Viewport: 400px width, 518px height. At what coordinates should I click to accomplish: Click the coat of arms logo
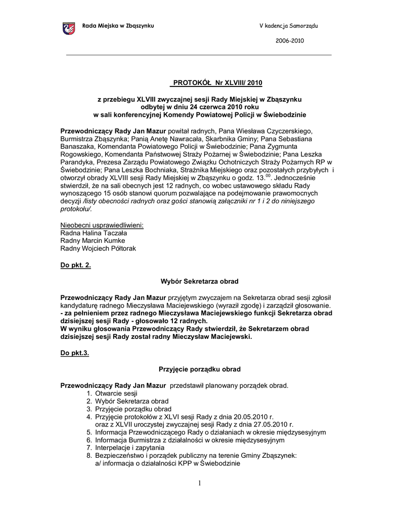tap(68, 28)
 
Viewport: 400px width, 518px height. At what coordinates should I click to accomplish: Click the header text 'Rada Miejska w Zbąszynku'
tap(118, 26)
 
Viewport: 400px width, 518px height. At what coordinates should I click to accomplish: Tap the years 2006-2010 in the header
tap(290, 41)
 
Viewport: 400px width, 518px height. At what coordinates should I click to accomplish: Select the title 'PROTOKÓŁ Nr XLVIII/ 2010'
tap(216, 82)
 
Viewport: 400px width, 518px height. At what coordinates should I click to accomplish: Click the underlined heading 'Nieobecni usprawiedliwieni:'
tap(102, 225)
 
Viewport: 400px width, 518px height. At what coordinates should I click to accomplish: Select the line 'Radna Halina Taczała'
tap(94, 233)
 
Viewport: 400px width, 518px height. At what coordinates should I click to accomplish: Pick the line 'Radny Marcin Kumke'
tap(93, 241)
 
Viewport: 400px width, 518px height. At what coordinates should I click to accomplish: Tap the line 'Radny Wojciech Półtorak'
tap(98, 249)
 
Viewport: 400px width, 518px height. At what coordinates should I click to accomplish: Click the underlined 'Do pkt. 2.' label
tap(76, 265)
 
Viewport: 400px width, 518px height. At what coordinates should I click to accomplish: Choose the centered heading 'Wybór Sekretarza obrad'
tap(199, 281)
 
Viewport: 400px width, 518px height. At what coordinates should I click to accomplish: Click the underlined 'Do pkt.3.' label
tap(75, 353)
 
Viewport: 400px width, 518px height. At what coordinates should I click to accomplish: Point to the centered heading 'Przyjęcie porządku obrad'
tap(200, 369)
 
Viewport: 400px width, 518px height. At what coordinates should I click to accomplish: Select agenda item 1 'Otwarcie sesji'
tap(116, 393)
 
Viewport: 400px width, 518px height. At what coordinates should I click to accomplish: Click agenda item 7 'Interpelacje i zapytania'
tap(129, 448)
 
